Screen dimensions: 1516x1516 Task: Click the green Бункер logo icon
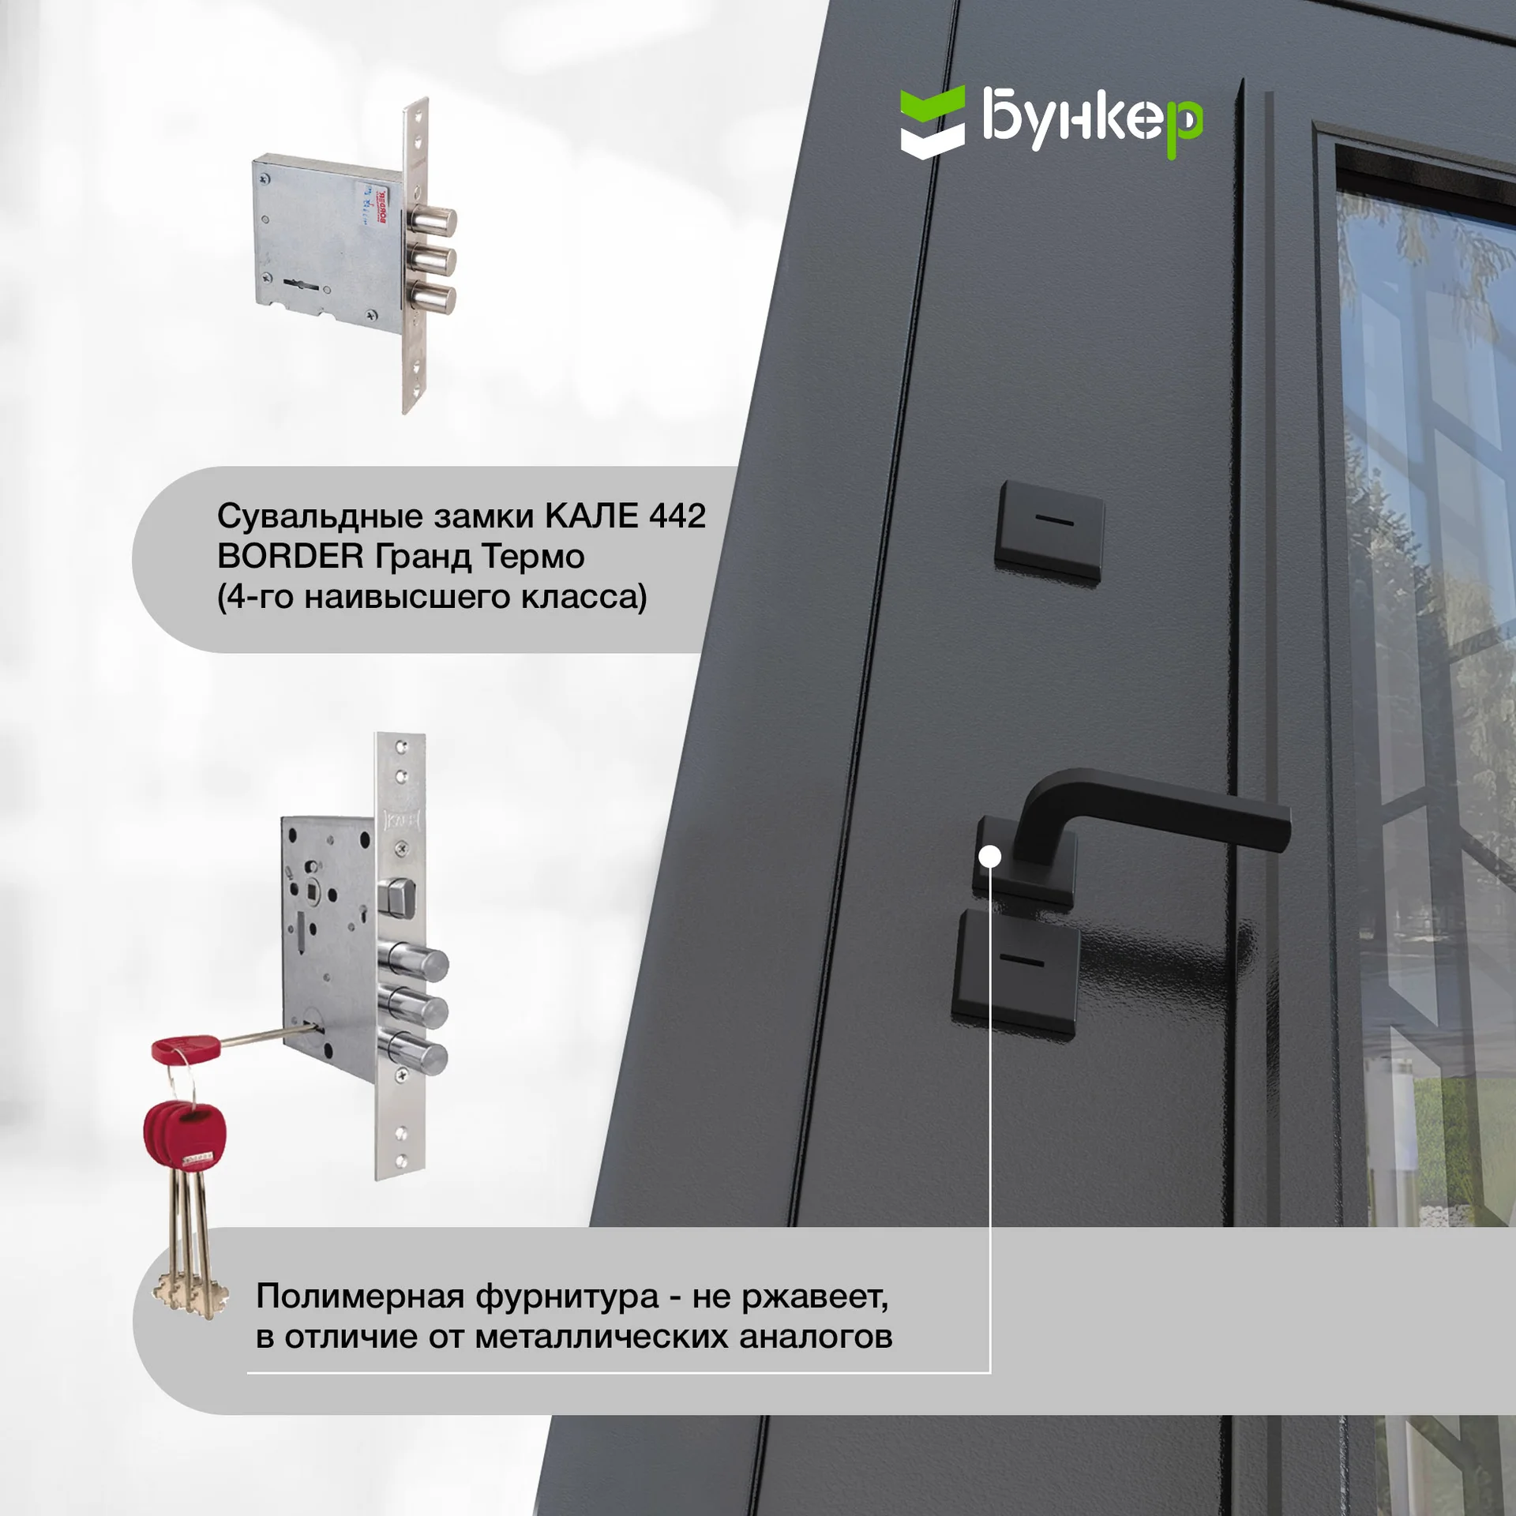coord(932,122)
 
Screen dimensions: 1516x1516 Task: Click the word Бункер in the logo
coord(1093,120)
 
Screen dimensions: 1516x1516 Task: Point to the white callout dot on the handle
coord(989,857)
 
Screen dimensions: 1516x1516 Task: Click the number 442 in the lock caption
coord(677,516)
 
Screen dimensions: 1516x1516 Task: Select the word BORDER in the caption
coord(290,557)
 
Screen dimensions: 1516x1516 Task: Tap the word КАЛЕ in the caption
coord(591,516)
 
